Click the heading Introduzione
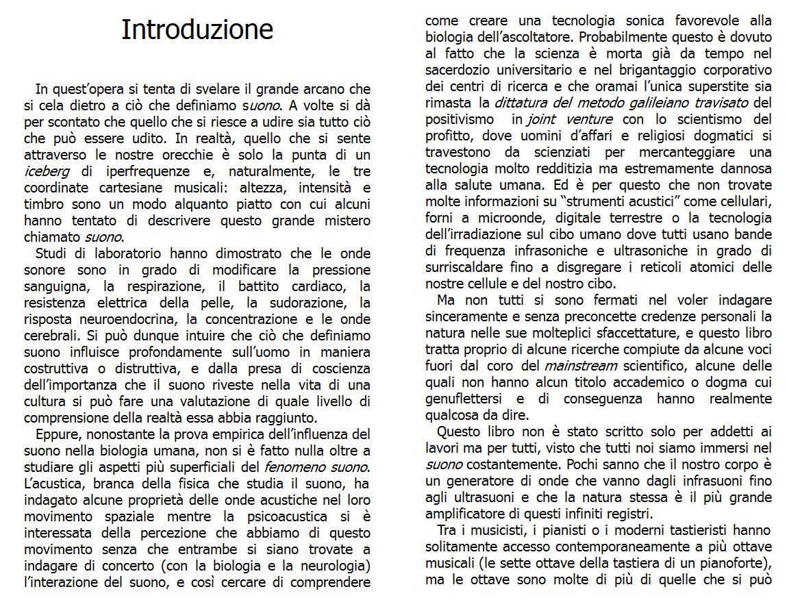(x=197, y=29)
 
